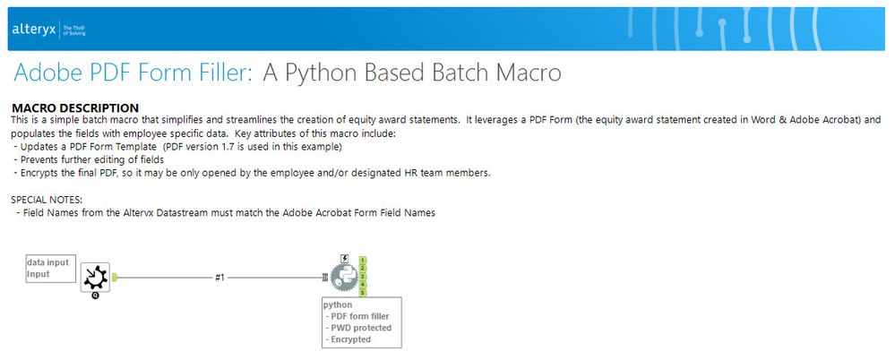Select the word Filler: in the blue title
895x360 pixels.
click(x=225, y=73)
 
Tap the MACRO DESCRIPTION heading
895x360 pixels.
click(x=74, y=107)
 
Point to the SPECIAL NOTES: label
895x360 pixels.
click(x=47, y=201)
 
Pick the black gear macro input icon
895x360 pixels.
click(x=95, y=278)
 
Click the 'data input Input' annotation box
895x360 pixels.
click(x=51, y=268)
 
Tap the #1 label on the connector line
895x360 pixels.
click(x=219, y=278)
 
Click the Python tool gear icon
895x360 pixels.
click(x=344, y=278)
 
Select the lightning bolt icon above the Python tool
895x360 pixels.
click(x=344, y=259)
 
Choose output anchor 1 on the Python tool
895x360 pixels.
click(x=363, y=261)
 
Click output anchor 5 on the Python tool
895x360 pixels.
click(x=363, y=293)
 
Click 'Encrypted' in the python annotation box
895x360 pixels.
click(x=351, y=339)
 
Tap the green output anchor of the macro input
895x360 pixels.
click(x=114, y=278)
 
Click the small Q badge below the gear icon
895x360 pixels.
click(x=95, y=296)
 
